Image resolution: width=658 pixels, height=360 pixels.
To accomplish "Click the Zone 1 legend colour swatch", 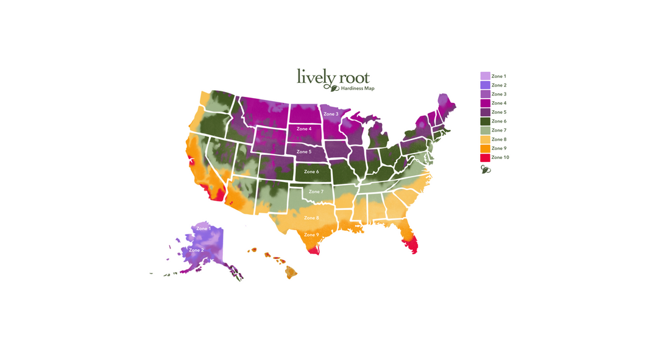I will click(485, 76).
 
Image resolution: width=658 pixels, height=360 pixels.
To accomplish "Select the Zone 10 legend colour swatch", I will click(485, 158).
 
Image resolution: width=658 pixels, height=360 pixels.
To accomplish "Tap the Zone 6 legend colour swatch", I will click(485, 121).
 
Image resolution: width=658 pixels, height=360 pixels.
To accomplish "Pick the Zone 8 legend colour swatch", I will click(485, 139).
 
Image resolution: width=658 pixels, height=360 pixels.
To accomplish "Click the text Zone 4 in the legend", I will click(499, 104).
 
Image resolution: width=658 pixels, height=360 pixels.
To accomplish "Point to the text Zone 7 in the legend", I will click(499, 130).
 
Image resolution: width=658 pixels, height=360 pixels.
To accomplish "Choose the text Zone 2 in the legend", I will click(499, 85).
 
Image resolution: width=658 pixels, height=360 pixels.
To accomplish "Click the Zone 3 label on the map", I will click(331, 115).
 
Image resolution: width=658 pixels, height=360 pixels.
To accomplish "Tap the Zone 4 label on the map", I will click(303, 129).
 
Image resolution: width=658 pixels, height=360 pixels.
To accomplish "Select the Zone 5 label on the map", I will click(303, 152).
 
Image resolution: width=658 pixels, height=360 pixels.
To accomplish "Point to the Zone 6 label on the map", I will click(311, 172).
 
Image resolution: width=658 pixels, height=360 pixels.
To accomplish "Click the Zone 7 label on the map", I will click(316, 192).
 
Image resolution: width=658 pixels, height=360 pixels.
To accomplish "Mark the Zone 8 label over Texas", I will click(311, 218).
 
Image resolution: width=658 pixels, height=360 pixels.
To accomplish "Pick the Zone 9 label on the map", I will click(311, 235).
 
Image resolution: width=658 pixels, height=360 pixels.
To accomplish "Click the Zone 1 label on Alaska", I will click(203, 228).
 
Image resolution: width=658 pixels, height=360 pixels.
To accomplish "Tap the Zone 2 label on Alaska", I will click(196, 250).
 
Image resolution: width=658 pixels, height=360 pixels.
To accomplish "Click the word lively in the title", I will click(314, 77).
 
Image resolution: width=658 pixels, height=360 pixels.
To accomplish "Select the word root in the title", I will click(353, 78).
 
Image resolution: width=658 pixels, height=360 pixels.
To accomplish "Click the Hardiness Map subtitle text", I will click(358, 89).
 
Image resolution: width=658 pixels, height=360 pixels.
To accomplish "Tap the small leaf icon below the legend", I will click(486, 169).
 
